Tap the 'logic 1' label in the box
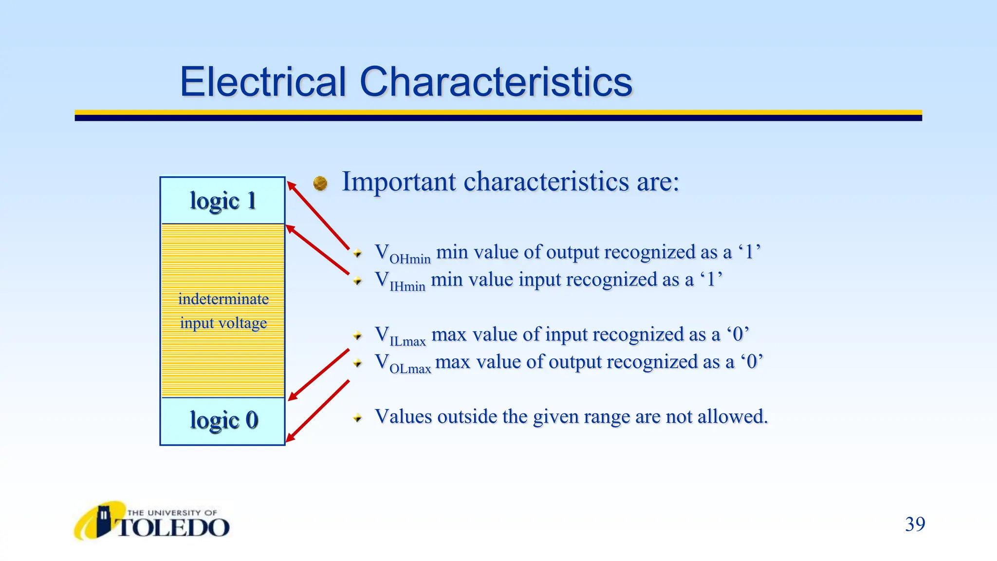223,201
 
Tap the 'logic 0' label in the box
223,420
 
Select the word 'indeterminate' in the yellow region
223,299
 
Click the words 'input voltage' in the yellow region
223,323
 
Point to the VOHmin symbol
402,254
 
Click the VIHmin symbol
400,281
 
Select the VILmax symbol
400,336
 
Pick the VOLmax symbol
403,364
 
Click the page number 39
915,524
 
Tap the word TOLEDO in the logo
173,528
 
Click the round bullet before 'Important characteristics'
320,183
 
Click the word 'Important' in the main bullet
399,182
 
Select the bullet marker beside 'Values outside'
358,418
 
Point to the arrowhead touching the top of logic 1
291,185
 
